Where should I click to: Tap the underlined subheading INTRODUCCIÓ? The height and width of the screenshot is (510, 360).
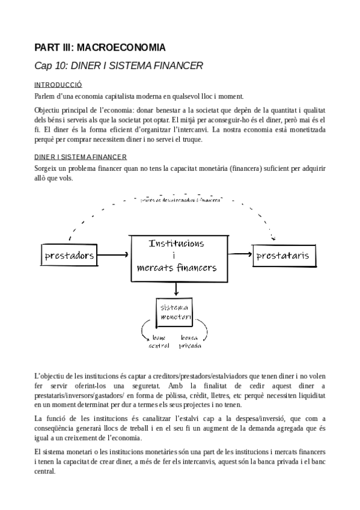[x=58, y=85]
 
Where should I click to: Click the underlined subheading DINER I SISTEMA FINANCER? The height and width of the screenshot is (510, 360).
[x=79, y=157]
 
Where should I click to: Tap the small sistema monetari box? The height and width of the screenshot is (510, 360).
[x=175, y=312]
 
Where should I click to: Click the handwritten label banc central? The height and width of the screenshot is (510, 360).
[x=159, y=341]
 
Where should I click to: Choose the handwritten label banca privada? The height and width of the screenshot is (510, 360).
[x=190, y=341]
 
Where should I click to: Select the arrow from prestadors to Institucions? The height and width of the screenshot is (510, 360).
[x=115, y=255]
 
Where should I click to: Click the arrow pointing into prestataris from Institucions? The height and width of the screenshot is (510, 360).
[x=240, y=255]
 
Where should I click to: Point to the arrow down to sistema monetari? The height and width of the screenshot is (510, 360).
[x=175, y=289]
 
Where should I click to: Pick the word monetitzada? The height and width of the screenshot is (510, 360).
[x=304, y=129]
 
